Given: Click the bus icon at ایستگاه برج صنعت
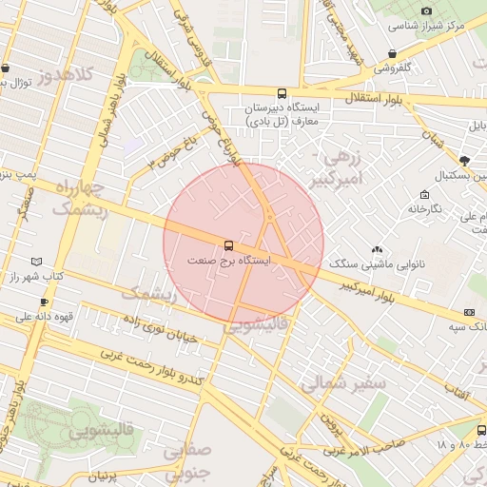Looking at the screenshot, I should point(227,245).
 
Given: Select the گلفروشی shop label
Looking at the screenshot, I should point(392,68).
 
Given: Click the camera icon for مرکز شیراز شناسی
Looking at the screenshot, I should point(426,10).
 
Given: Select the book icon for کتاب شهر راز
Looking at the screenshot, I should point(37,261).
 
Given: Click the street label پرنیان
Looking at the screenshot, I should point(108,473).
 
